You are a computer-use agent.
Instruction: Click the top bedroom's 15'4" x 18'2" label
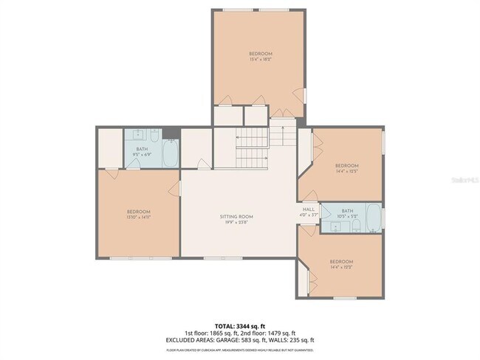[x=260, y=60]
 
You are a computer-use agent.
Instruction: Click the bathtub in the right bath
[x=373, y=218]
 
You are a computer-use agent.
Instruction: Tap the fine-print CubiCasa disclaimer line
[x=240, y=348]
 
